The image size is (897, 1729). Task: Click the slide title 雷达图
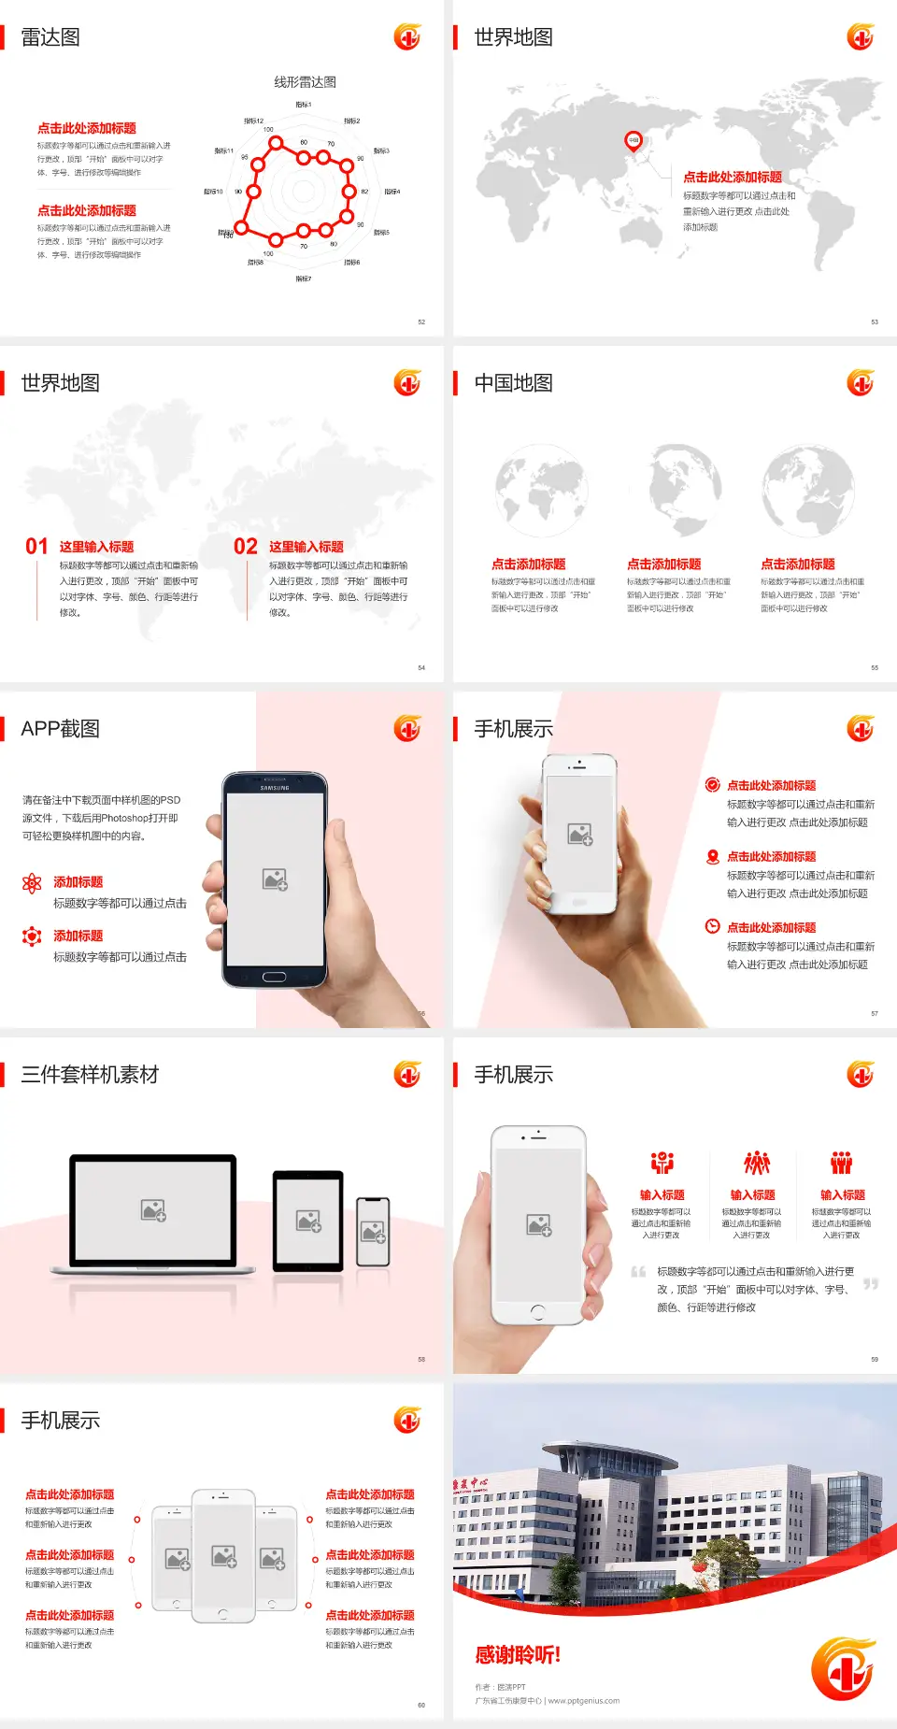point(50,37)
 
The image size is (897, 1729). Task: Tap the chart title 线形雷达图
point(305,82)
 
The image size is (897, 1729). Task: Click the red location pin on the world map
point(634,140)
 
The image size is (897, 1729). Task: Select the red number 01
point(36,547)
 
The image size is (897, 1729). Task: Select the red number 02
point(246,547)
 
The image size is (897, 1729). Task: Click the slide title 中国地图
point(513,383)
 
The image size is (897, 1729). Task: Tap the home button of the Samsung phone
point(274,977)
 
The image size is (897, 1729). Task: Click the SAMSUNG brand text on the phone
point(275,788)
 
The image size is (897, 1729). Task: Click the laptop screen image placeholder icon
point(153,1210)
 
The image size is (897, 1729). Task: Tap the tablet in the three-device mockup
point(308,1221)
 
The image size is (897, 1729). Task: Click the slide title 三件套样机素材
point(90,1075)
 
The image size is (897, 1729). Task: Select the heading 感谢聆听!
point(518,1655)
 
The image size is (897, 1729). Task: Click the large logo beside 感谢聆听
point(843,1668)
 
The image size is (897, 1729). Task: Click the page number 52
point(421,322)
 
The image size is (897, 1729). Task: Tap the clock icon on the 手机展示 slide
point(712,926)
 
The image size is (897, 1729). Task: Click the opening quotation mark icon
point(638,1271)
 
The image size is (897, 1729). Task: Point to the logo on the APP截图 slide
point(407,729)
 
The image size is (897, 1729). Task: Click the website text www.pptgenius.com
point(584,1701)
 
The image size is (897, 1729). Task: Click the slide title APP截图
point(61,729)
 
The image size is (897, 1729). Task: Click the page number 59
point(875,1359)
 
